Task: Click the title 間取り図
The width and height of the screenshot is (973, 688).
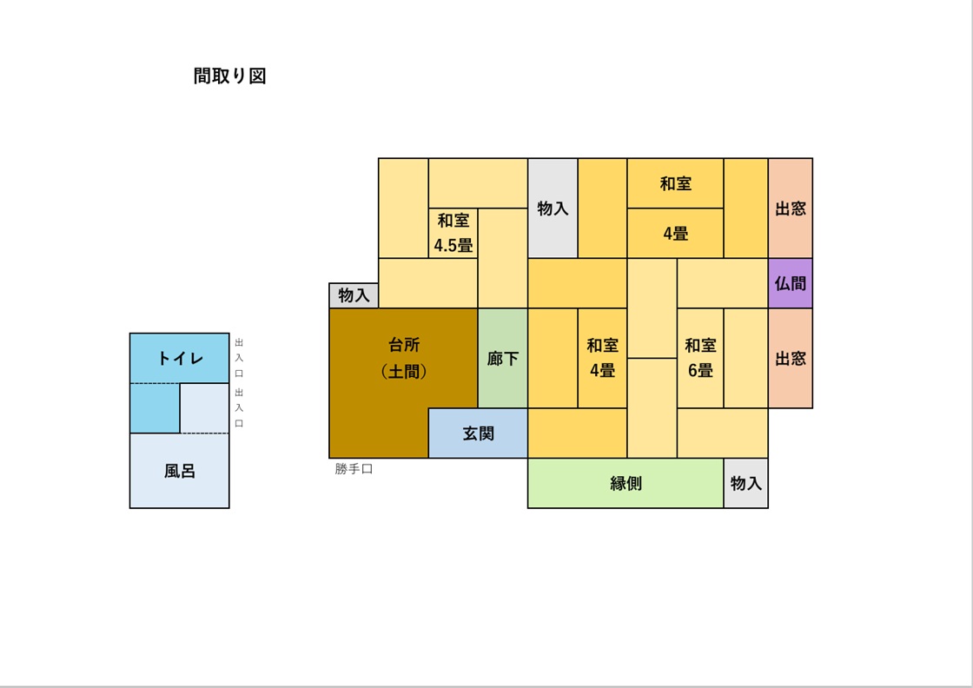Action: click(x=229, y=76)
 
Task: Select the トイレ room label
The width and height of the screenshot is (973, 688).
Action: click(x=180, y=358)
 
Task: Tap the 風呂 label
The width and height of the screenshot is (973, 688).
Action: click(x=180, y=471)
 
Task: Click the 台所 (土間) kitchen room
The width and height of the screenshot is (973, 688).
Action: click(x=404, y=358)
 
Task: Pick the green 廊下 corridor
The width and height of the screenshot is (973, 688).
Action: click(x=503, y=358)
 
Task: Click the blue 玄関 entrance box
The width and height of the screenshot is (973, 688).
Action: click(x=478, y=433)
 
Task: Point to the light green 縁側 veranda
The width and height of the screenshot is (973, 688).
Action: click(x=625, y=483)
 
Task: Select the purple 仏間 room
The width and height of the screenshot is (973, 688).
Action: click(x=790, y=283)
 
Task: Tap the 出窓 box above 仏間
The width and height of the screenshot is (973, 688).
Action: click(x=790, y=208)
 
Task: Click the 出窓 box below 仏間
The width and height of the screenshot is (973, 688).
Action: click(x=790, y=358)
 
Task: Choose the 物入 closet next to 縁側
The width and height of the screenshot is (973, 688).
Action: click(x=745, y=483)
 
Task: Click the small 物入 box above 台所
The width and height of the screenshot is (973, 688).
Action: click(x=354, y=295)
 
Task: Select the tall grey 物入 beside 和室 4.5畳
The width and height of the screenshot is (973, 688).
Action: click(x=553, y=208)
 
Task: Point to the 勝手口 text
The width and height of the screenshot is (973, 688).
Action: click(x=354, y=469)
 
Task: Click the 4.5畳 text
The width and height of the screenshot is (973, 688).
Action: click(x=453, y=246)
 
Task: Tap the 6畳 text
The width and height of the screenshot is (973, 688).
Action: click(x=700, y=370)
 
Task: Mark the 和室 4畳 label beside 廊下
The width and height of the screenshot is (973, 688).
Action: click(x=602, y=358)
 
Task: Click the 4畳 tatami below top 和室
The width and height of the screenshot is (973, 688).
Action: click(x=675, y=234)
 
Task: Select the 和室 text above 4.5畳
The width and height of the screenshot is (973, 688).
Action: click(x=453, y=221)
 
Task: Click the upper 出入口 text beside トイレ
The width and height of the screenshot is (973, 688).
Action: click(x=239, y=358)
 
